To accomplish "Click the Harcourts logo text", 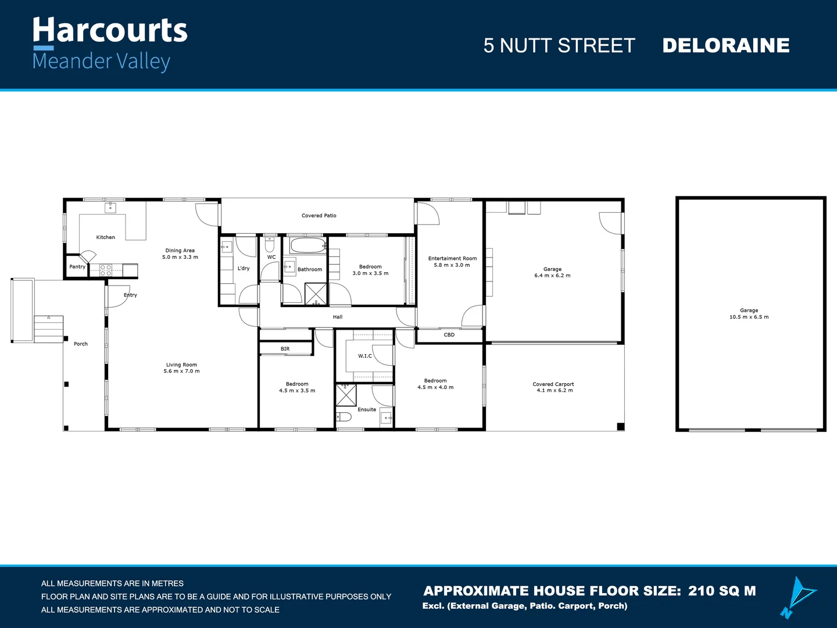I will click(110, 31).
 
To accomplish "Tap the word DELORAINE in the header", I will click(725, 45).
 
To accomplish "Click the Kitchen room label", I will click(105, 237).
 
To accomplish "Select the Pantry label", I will click(77, 267).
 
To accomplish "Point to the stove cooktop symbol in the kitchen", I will click(106, 270).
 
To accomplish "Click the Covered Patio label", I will click(319, 216).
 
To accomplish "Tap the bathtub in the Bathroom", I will click(307, 245).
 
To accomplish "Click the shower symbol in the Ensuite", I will click(346, 395).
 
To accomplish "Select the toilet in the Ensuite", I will click(344, 417).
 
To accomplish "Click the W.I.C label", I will click(364, 356).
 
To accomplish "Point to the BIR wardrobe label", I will click(285, 349).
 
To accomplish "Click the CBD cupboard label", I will click(449, 335).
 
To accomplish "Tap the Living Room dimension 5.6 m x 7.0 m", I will click(181, 371).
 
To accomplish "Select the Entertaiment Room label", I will click(452, 259).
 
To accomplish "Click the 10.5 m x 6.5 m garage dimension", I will click(749, 317).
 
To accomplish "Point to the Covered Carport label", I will click(553, 384).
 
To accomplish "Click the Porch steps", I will click(48, 329).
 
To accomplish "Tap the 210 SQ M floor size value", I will click(722, 591).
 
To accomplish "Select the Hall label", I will click(338, 317).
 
